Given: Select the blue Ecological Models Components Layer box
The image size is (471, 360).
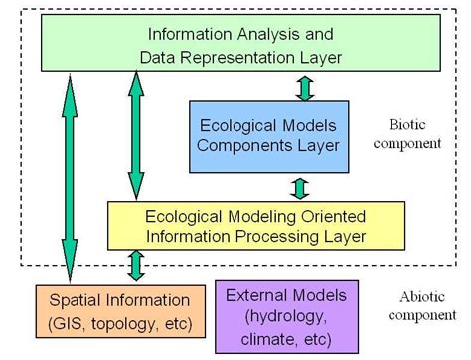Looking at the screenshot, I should [x=252, y=135].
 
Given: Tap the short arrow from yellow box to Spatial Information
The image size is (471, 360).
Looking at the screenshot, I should [x=135, y=267].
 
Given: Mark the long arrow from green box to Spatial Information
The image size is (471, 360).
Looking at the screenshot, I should [x=67, y=179].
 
